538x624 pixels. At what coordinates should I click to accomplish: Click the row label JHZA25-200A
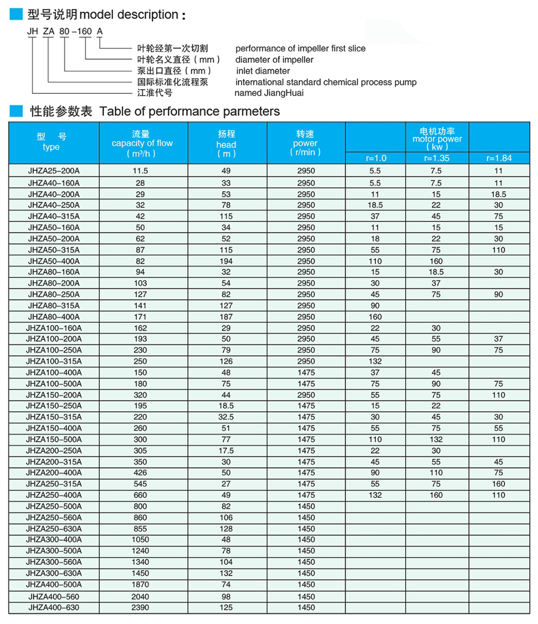click(54, 172)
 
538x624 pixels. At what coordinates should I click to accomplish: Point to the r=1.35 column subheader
click(436, 158)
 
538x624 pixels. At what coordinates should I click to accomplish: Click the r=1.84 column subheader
click(499, 158)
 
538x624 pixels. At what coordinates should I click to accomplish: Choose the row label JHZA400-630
click(54, 607)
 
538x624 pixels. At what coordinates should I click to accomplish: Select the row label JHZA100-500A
click(54, 384)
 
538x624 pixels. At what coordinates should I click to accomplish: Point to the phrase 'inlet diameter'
click(262, 71)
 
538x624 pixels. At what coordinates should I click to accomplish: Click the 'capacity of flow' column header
click(142, 143)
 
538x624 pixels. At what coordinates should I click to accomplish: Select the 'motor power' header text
click(437, 139)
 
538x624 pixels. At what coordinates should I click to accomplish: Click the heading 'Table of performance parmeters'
click(189, 111)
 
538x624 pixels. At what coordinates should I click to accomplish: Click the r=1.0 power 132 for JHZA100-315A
click(375, 362)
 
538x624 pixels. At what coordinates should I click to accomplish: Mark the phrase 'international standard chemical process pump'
click(326, 82)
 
